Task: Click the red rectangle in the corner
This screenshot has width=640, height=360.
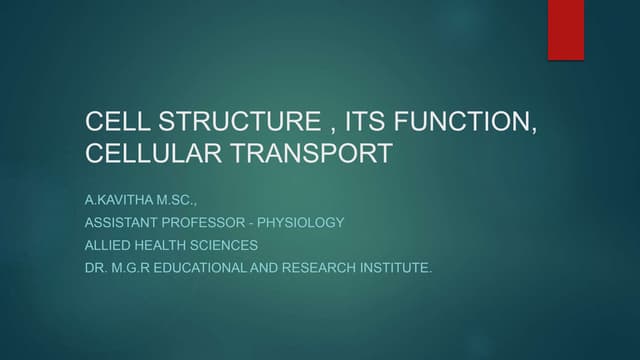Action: tap(565, 29)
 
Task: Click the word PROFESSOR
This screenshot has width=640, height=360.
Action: tap(217, 222)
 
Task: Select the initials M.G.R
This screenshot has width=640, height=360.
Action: tap(131, 268)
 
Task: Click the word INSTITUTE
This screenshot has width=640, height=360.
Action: tap(397, 268)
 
